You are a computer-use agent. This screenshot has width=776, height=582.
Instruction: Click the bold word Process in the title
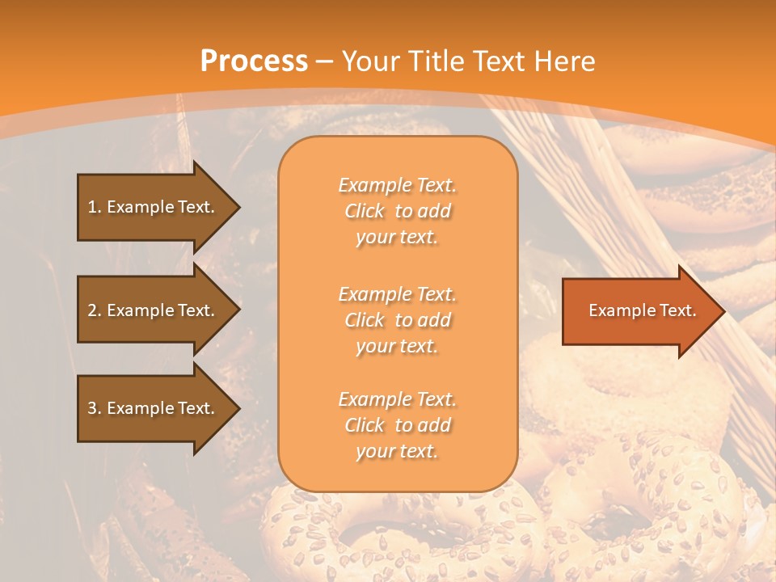[x=254, y=61]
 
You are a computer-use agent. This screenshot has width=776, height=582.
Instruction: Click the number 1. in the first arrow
[x=94, y=207]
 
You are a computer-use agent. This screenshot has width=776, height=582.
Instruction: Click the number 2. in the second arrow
[x=94, y=310]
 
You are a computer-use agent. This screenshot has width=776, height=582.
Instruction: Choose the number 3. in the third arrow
[x=94, y=408]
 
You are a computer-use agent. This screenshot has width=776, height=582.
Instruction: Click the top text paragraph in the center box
[x=397, y=211]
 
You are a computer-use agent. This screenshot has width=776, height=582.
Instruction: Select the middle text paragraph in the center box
[x=397, y=320]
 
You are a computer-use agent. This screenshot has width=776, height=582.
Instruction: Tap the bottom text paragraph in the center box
[x=397, y=425]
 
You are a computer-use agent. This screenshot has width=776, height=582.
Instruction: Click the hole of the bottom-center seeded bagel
[x=380, y=538]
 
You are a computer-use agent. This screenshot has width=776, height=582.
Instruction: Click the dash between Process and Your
[x=325, y=61]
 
